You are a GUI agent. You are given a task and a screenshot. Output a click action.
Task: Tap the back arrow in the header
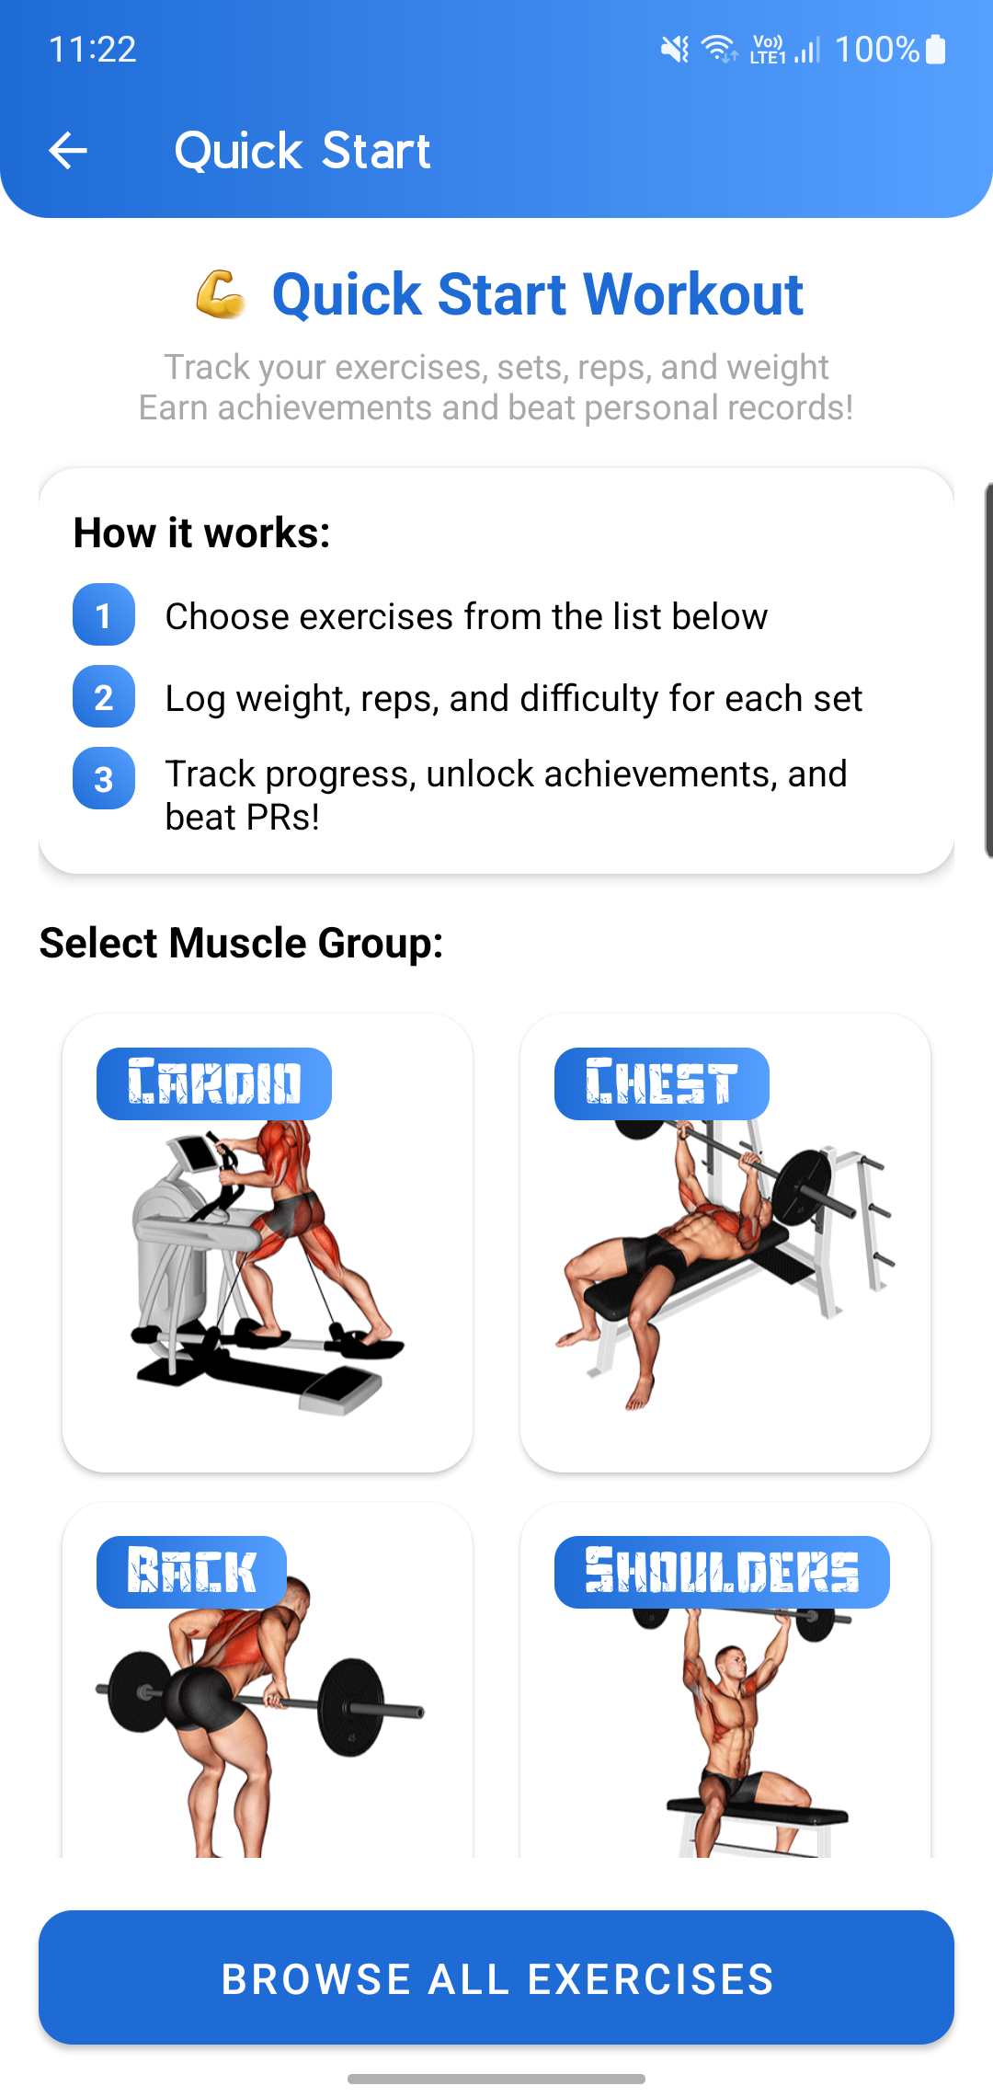coord(68,150)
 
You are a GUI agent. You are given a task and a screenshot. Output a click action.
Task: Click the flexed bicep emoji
coord(221,294)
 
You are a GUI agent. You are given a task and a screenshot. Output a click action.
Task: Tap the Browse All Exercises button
coord(496,1977)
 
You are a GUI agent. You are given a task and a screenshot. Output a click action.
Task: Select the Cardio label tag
coord(214,1083)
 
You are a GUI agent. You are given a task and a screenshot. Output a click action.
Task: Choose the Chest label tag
coord(662,1083)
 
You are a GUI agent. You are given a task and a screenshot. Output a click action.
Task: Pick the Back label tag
coord(191,1572)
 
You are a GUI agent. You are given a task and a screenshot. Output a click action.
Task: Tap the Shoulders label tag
coord(722,1572)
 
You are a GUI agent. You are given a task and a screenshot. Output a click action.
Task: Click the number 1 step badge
coord(104,614)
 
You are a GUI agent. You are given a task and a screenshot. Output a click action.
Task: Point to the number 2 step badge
coord(104,696)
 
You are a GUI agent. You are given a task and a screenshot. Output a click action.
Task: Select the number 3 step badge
coord(104,778)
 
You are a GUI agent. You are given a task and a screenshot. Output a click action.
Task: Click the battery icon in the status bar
coord(936,49)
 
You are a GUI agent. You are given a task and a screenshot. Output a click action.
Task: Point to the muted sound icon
coord(675,49)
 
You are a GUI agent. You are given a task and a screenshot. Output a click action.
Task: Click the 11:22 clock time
coord(92,49)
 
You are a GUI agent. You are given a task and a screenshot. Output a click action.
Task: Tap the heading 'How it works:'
coord(202,533)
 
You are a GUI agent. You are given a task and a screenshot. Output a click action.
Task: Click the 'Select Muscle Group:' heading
coord(241,943)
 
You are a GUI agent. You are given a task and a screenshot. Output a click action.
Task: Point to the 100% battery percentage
coord(877,49)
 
